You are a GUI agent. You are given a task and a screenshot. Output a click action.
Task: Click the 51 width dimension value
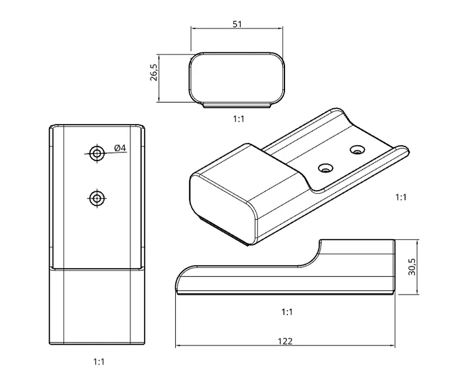(237, 24)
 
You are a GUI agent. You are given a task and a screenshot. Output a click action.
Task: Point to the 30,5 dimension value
(412, 267)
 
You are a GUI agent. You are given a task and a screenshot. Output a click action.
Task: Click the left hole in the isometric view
(324, 168)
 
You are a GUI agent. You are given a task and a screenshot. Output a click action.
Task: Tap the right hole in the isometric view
(356, 150)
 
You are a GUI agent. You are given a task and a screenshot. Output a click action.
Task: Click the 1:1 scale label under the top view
(238, 119)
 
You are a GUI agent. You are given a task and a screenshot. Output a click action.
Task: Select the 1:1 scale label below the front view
(99, 361)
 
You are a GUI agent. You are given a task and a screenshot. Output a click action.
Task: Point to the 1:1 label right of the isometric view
(401, 197)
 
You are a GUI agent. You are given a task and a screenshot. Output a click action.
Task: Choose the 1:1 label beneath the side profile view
(287, 311)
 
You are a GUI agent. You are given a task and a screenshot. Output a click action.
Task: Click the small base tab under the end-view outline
(237, 105)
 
